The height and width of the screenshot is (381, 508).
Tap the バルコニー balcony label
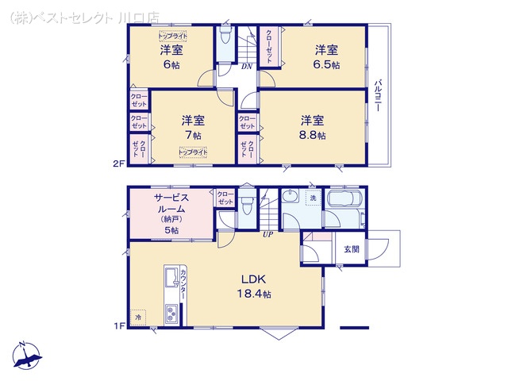click(x=380, y=95)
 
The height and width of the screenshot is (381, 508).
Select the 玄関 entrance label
click(x=351, y=248)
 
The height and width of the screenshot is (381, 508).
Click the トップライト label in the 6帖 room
click(x=172, y=37)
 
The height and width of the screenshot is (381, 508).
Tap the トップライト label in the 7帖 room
click(x=193, y=152)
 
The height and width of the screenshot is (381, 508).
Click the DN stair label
click(x=247, y=67)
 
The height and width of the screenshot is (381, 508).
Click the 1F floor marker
click(x=117, y=325)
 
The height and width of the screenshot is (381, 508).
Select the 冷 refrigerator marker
click(x=138, y=317)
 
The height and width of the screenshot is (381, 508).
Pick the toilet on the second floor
click(x=225, y=40)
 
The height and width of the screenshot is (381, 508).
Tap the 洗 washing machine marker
click(x=313, y=197)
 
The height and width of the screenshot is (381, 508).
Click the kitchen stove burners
click(x=171, y=314)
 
